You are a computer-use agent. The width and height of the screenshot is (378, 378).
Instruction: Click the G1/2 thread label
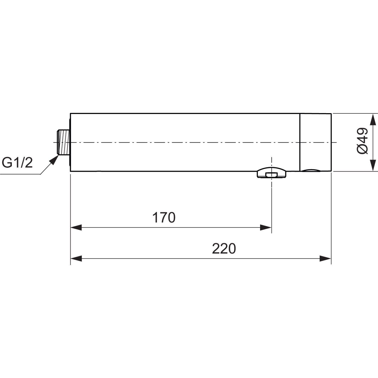click(x=17, y=163)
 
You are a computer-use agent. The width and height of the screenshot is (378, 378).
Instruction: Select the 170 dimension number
click(x=164, y=217)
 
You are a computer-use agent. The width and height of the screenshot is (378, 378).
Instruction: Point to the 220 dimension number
click(x=224, y=248)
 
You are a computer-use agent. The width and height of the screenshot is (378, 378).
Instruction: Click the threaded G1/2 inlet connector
click(x=63, y=142)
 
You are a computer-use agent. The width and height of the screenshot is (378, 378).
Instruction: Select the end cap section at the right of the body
click(x=316, y=142)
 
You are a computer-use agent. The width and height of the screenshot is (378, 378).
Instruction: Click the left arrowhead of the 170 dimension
click(x=76, y=228)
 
